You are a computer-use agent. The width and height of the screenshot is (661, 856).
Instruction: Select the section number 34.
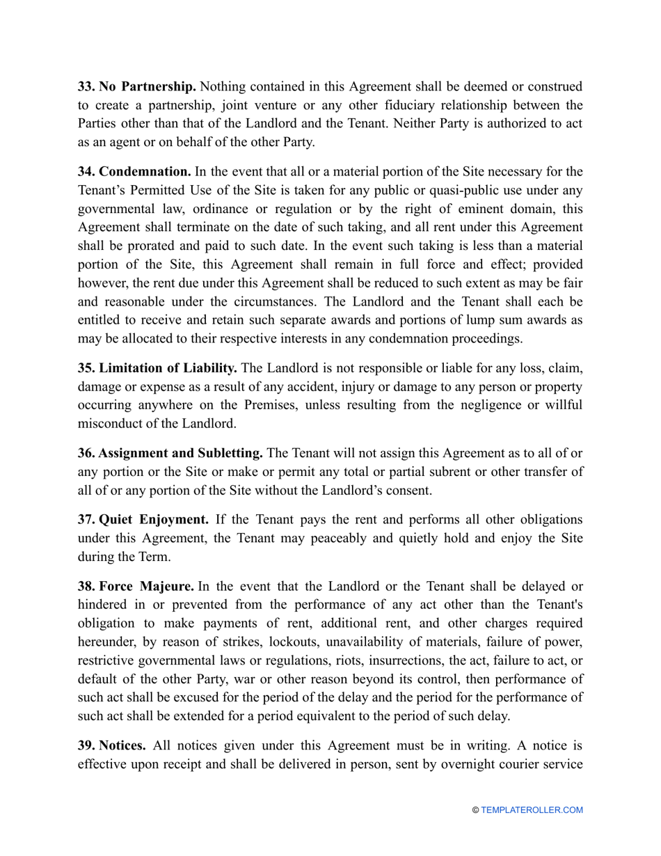[86, 171]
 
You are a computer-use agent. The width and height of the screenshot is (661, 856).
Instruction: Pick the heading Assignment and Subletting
[180, 454]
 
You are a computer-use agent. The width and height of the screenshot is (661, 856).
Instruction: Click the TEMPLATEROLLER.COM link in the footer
[532, 810]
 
